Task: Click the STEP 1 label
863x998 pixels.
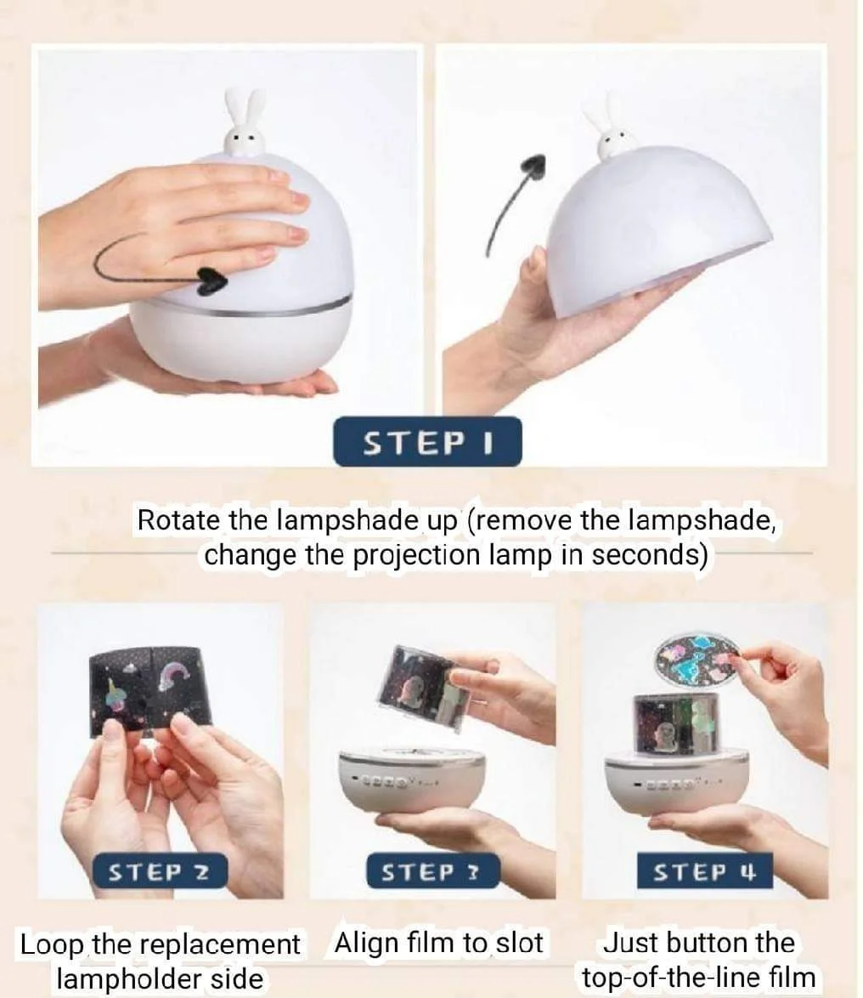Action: pyautogui.click(x=426, y=442)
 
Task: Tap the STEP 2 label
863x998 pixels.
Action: pyautogui.click(x=160, y=871)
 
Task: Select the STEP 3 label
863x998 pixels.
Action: pyautogui.click(x=433, y=870)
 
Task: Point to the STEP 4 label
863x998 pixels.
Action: pyautogui.click(x=705, y=870)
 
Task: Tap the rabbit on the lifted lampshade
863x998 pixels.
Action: pyautogui.click(x=612, y=133)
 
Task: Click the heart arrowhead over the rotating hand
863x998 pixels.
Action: pyautogui.click(x=211, y=281)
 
